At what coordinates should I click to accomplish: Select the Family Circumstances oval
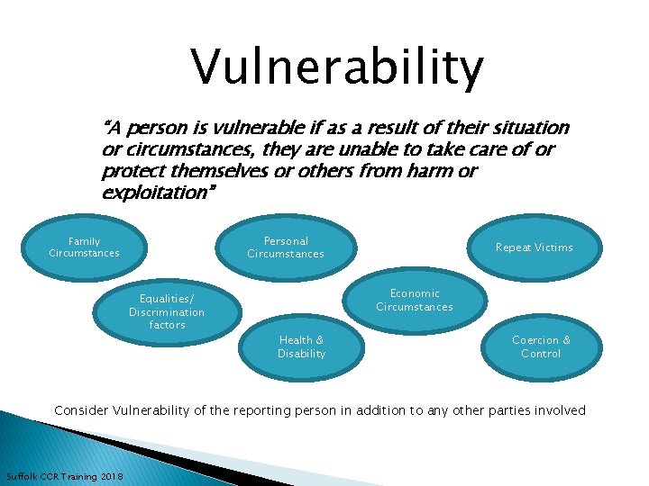click(84, 247)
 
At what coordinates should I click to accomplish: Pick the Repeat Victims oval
click(534, 247)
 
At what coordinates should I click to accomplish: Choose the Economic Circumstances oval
click(414, 300)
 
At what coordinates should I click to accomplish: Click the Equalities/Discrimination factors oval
click(167, 311)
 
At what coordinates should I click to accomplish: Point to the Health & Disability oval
click(301, 346)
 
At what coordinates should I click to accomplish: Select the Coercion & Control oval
click(541, 346)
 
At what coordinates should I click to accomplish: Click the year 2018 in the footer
click(112, 475)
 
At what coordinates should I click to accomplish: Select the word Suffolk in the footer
click(23, 475)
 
